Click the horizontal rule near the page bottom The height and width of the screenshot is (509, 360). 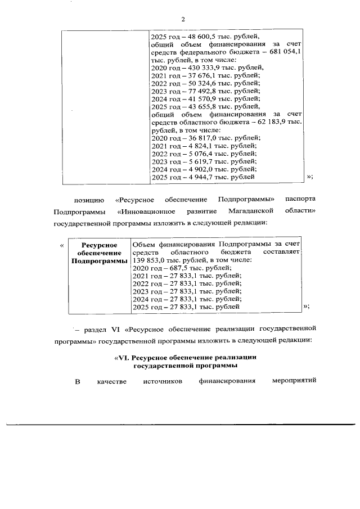(180, 424)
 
